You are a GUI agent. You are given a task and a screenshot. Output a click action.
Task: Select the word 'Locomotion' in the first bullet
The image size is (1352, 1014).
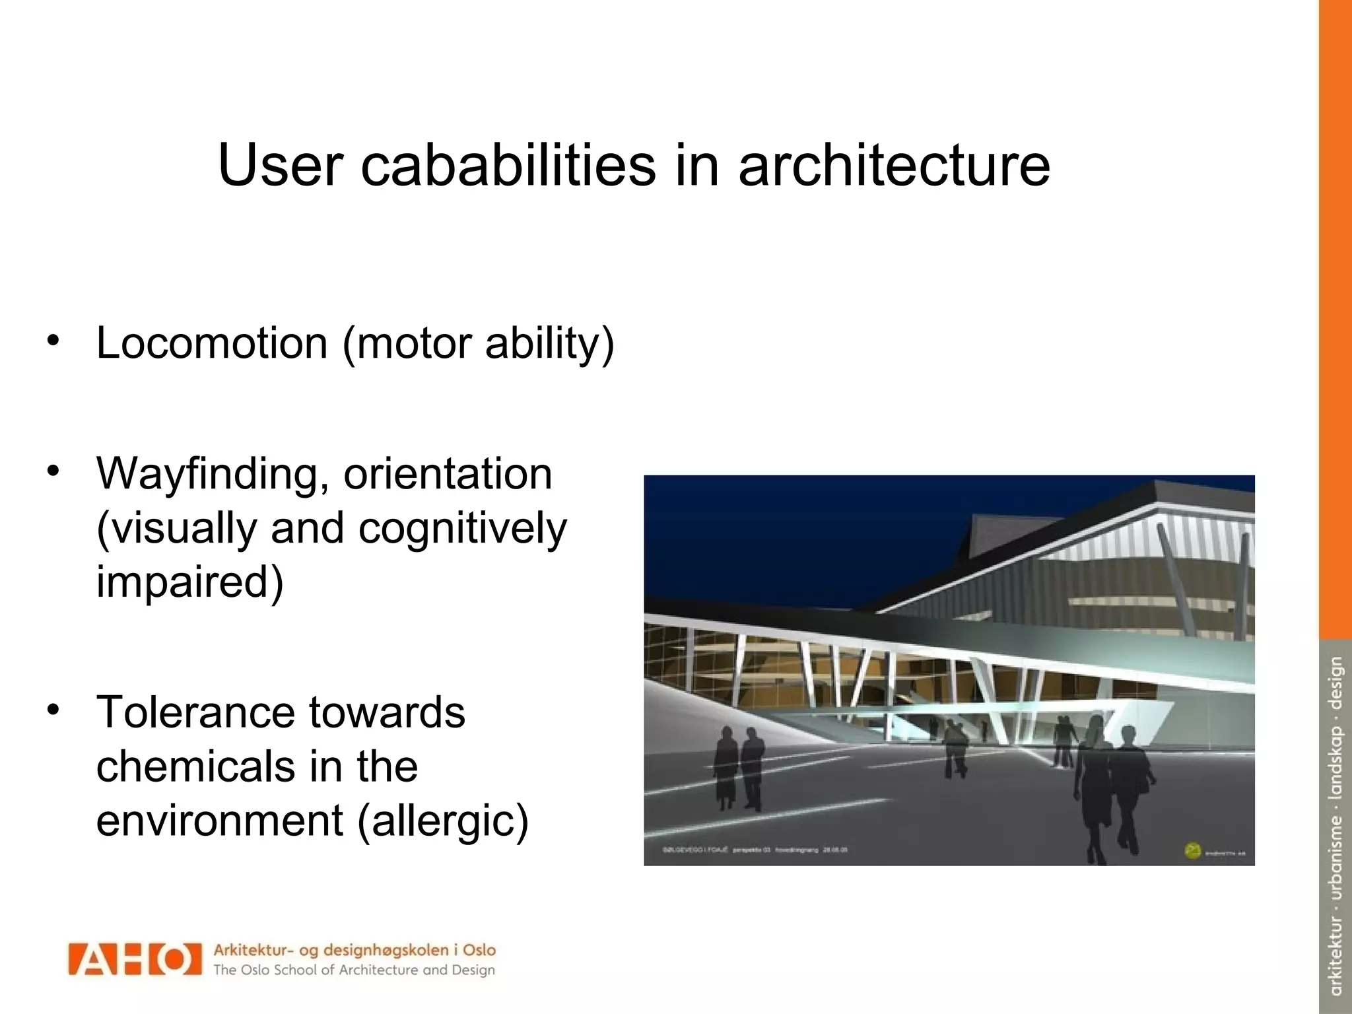tap(212, 343)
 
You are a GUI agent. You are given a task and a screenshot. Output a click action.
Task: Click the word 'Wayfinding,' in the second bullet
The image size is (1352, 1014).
tap(213, 475)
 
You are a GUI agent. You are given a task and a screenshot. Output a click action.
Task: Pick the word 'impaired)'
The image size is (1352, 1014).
tap(189, 581)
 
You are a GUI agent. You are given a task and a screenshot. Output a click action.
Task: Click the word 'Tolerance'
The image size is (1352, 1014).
tap(195, 713)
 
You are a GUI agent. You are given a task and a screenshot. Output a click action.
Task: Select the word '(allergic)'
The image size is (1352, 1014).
tap(443, 821)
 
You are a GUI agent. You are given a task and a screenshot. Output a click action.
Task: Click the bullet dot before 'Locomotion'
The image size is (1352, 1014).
tap(53, 341)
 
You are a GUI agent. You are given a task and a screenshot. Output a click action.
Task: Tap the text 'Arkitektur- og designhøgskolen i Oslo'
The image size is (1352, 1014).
tap(354, 951)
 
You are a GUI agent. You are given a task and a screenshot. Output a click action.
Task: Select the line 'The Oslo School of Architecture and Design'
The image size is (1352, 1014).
tap(354, 970)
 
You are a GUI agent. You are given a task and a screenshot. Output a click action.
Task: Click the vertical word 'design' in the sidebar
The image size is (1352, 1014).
tap(1335, 683)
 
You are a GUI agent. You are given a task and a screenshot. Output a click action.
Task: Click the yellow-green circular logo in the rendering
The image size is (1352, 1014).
tap(1192, 851)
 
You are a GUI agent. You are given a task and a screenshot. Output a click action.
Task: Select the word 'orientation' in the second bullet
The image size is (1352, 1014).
tap(448, 474)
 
